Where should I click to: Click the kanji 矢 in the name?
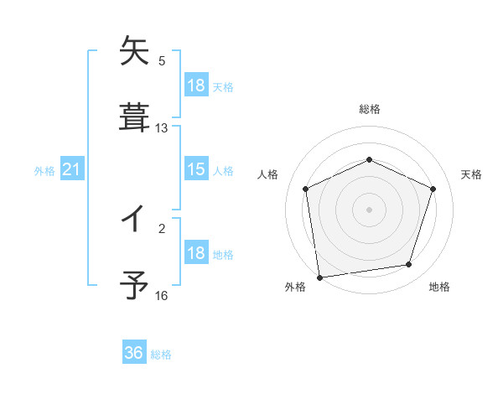click(134, 52)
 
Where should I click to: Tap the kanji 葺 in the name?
click(134, 117)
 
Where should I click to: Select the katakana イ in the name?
click(134, 220)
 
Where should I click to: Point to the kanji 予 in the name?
click(134, 286)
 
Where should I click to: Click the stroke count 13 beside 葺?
click(162, 128)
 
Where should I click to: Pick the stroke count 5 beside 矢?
click(162, 61)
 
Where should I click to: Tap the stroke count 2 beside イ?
click(162, 228)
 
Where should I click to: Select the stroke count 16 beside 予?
click(162, 295)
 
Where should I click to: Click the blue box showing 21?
click(71, 170)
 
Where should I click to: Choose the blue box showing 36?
click(134, 353)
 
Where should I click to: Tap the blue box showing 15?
click(196, 170)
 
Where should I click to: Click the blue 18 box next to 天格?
click(196, 86)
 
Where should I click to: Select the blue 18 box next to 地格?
click(196, 253)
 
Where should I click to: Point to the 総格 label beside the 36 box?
click(161, 355)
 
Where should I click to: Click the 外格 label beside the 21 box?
click(44, 171)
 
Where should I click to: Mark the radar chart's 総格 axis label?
click(370, 109)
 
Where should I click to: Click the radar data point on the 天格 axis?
click(433, 189)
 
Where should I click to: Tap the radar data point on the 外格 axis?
click(319, 276)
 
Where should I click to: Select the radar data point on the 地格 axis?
click(409, 265)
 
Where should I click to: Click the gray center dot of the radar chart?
click(370, 209)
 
